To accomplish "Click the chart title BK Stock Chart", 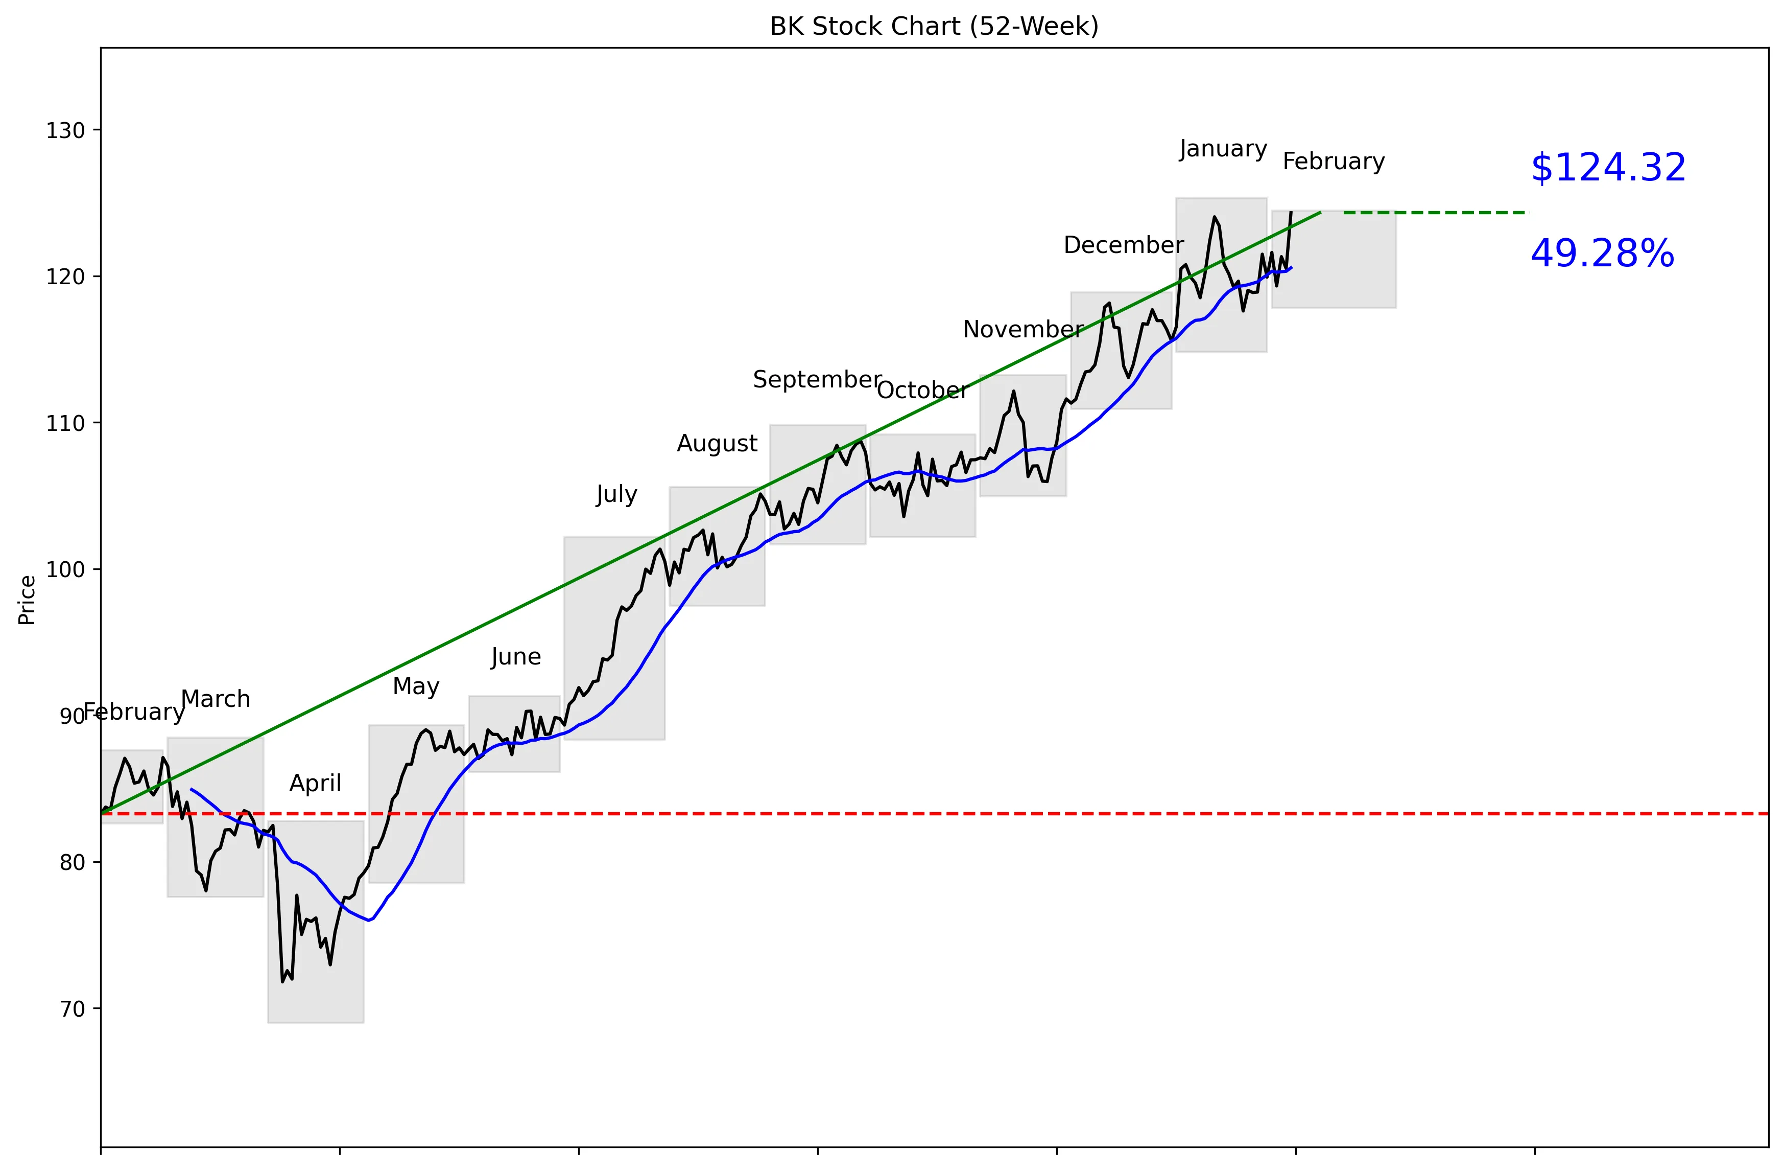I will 934,26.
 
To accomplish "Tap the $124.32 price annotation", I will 1608,168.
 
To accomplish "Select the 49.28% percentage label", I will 1602,254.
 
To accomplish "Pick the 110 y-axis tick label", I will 65,424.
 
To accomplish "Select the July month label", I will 616,494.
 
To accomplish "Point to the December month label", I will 1123,245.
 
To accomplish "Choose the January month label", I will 1223,149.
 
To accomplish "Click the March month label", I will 216,699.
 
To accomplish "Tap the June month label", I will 516,657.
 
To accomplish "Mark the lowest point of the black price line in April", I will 282,981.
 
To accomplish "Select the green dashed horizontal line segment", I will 1436,213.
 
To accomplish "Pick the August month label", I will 718,444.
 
